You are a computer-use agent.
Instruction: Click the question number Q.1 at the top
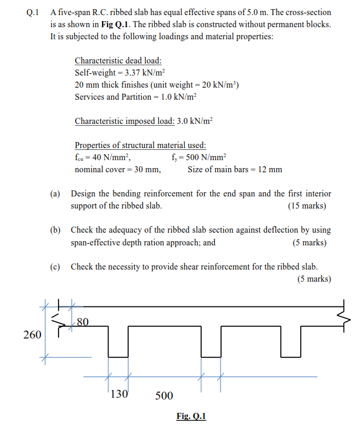pyautogui.click(x=25, y=12)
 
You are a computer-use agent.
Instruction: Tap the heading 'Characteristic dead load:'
pyautogui.click(x=118, y=61)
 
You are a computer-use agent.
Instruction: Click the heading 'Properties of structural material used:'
pyautogui.click(x=140, y=145)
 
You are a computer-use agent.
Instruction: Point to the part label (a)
pyautogui.click(x=55, y=194)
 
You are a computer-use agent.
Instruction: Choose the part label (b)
pyautogui.click(x=55, y=230)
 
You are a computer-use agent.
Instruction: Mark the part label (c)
pyautogui.click(x=55, y=267)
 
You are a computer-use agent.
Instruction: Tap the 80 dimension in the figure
pyautogui.click(x=83, y=322)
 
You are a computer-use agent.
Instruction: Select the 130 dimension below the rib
pyautogui.click(x=119, y=394)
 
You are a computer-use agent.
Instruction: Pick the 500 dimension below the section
pyautogui.click(x=164, y=396)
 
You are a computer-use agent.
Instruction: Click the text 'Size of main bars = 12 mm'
pyautogui.click(x=234, y=169)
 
